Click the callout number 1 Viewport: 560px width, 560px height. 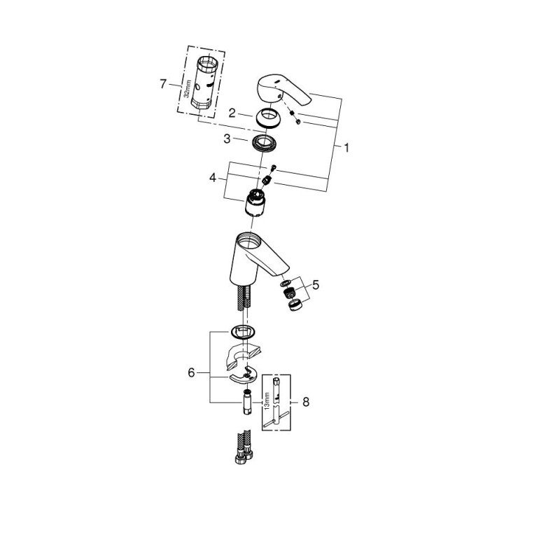tap(346, 148)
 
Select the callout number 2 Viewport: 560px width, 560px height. tap(232, 113)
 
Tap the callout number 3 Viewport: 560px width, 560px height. tap(227, 139)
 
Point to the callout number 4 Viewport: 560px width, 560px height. tap(213, 178)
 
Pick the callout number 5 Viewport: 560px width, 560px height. tap(316, 285)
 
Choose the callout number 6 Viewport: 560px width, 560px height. tap(191, 373)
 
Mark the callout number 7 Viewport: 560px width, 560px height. tap(163, 84)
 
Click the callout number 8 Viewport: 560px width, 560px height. tap(306, 402)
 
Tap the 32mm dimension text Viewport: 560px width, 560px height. tap(186, 90)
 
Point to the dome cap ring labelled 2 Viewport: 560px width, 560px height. tap(268, 118)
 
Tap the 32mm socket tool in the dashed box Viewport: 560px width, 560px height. tap(204, 83)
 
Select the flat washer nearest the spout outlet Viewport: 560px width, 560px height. tap(286, 283)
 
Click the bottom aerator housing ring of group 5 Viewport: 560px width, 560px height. tap(295, 305)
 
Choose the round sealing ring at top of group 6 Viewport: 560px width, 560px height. tap(242, 332)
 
